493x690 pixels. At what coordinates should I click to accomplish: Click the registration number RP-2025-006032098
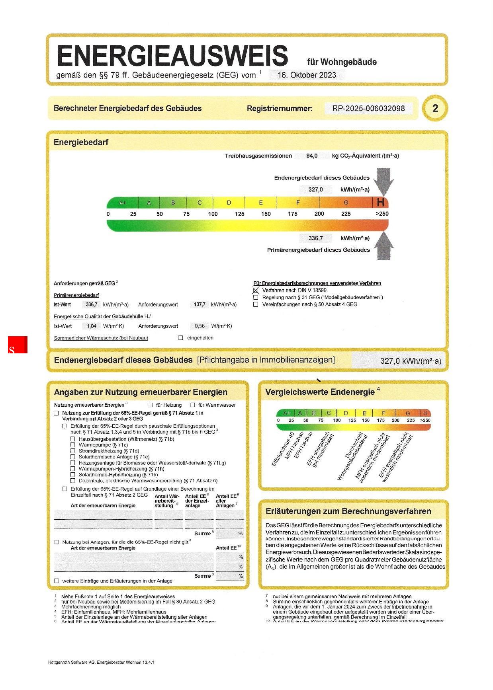368,108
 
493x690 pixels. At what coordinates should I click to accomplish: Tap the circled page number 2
435,108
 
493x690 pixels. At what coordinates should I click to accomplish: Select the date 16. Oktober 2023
307,75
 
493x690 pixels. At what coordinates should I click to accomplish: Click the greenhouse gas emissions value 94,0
312,156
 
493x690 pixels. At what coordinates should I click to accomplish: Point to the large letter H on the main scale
380,203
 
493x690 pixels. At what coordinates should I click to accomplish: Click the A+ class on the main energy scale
123,203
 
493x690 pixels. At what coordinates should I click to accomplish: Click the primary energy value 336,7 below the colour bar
315,238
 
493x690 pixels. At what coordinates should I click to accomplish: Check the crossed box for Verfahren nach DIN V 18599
256,290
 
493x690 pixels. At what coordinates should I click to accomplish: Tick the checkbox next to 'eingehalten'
180,338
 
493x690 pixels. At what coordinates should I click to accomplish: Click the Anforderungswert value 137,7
200,304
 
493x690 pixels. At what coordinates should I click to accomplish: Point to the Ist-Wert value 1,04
92,326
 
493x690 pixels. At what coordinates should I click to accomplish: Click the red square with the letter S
18,345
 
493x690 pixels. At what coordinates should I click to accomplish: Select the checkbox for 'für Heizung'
150,405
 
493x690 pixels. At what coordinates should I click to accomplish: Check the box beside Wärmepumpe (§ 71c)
73,445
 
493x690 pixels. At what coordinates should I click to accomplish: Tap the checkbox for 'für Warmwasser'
192,405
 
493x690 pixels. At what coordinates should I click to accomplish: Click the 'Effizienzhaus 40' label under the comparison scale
283,450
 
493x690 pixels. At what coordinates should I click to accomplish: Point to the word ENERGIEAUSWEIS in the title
172,56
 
